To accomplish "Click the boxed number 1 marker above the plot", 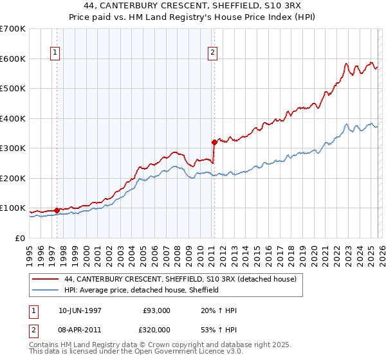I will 56,53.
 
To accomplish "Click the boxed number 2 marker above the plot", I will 213,53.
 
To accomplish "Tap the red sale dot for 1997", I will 57,210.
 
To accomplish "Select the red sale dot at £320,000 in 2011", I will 214,142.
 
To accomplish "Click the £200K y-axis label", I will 13,178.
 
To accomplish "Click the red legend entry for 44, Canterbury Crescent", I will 180,279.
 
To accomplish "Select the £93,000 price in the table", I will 157,310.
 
